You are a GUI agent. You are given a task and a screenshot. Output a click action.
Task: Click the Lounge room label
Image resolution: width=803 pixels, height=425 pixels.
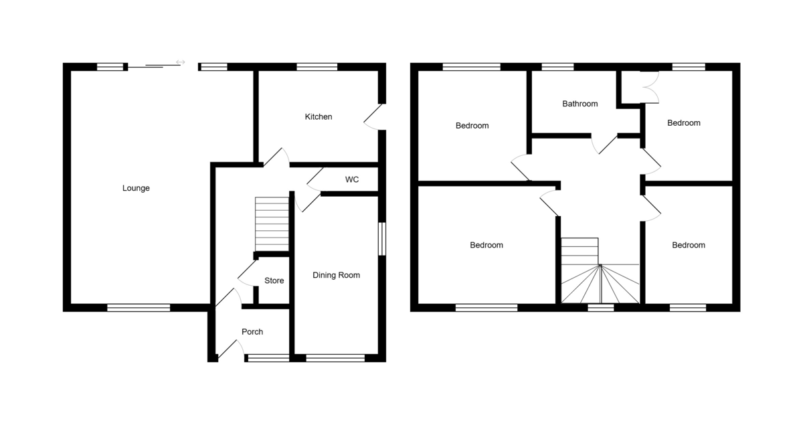136,188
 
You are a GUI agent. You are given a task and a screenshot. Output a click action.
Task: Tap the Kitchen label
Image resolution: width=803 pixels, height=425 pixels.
319,116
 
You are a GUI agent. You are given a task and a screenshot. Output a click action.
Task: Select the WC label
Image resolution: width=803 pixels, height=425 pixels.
352,179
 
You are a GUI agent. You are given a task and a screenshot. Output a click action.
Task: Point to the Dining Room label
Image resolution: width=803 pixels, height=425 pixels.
336,275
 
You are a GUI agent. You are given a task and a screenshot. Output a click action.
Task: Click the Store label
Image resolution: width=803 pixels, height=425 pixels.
274,280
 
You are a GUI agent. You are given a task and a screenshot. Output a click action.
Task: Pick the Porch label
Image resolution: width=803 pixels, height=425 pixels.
252,332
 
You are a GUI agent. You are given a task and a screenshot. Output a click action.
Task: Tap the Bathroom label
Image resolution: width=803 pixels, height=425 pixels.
580,104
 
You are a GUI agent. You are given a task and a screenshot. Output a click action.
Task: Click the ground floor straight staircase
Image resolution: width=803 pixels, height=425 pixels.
272,224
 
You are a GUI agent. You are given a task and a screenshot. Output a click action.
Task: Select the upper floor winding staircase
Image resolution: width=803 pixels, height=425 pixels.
600,271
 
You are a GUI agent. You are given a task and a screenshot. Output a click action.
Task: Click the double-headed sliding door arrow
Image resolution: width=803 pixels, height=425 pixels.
180,62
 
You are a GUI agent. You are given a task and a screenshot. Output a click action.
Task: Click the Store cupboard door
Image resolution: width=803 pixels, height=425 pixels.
248,273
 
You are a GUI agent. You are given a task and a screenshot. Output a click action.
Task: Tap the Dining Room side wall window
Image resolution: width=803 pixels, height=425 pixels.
382,239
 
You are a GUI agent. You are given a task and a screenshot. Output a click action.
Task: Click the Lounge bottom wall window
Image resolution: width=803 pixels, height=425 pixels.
139,308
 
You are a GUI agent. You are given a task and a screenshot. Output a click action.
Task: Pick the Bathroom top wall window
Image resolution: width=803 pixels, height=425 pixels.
557,67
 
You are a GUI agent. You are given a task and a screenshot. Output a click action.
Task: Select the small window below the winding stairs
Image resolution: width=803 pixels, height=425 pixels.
601,307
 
